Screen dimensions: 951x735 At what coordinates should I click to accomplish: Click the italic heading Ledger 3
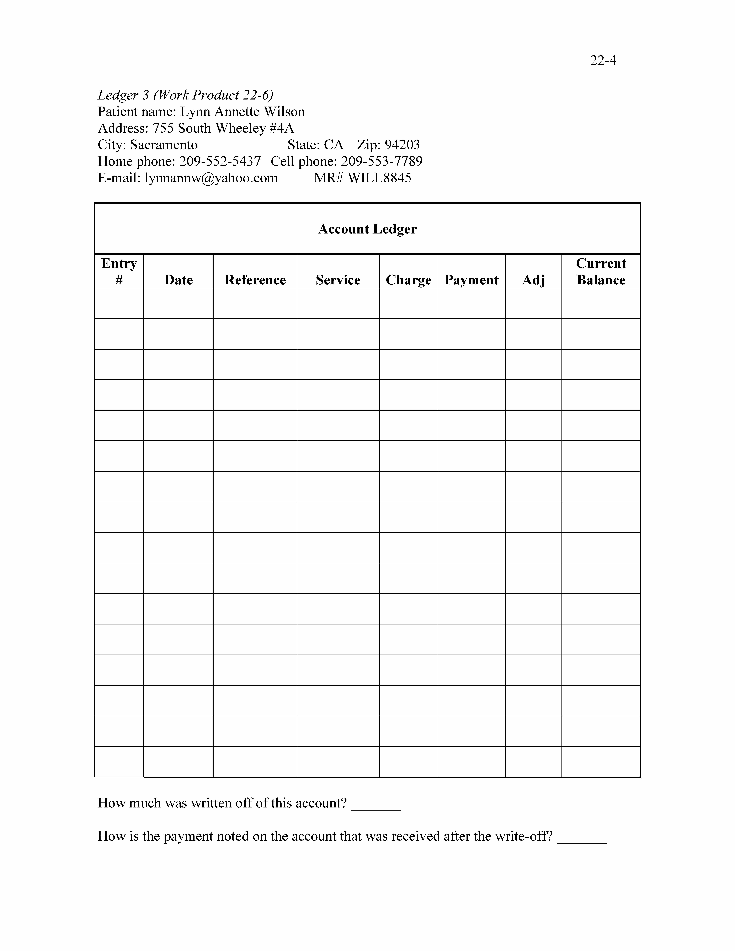pos(123,95)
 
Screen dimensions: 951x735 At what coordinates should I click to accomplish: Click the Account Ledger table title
pos(367,229)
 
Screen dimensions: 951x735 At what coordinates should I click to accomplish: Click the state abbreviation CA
pos(334,145)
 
